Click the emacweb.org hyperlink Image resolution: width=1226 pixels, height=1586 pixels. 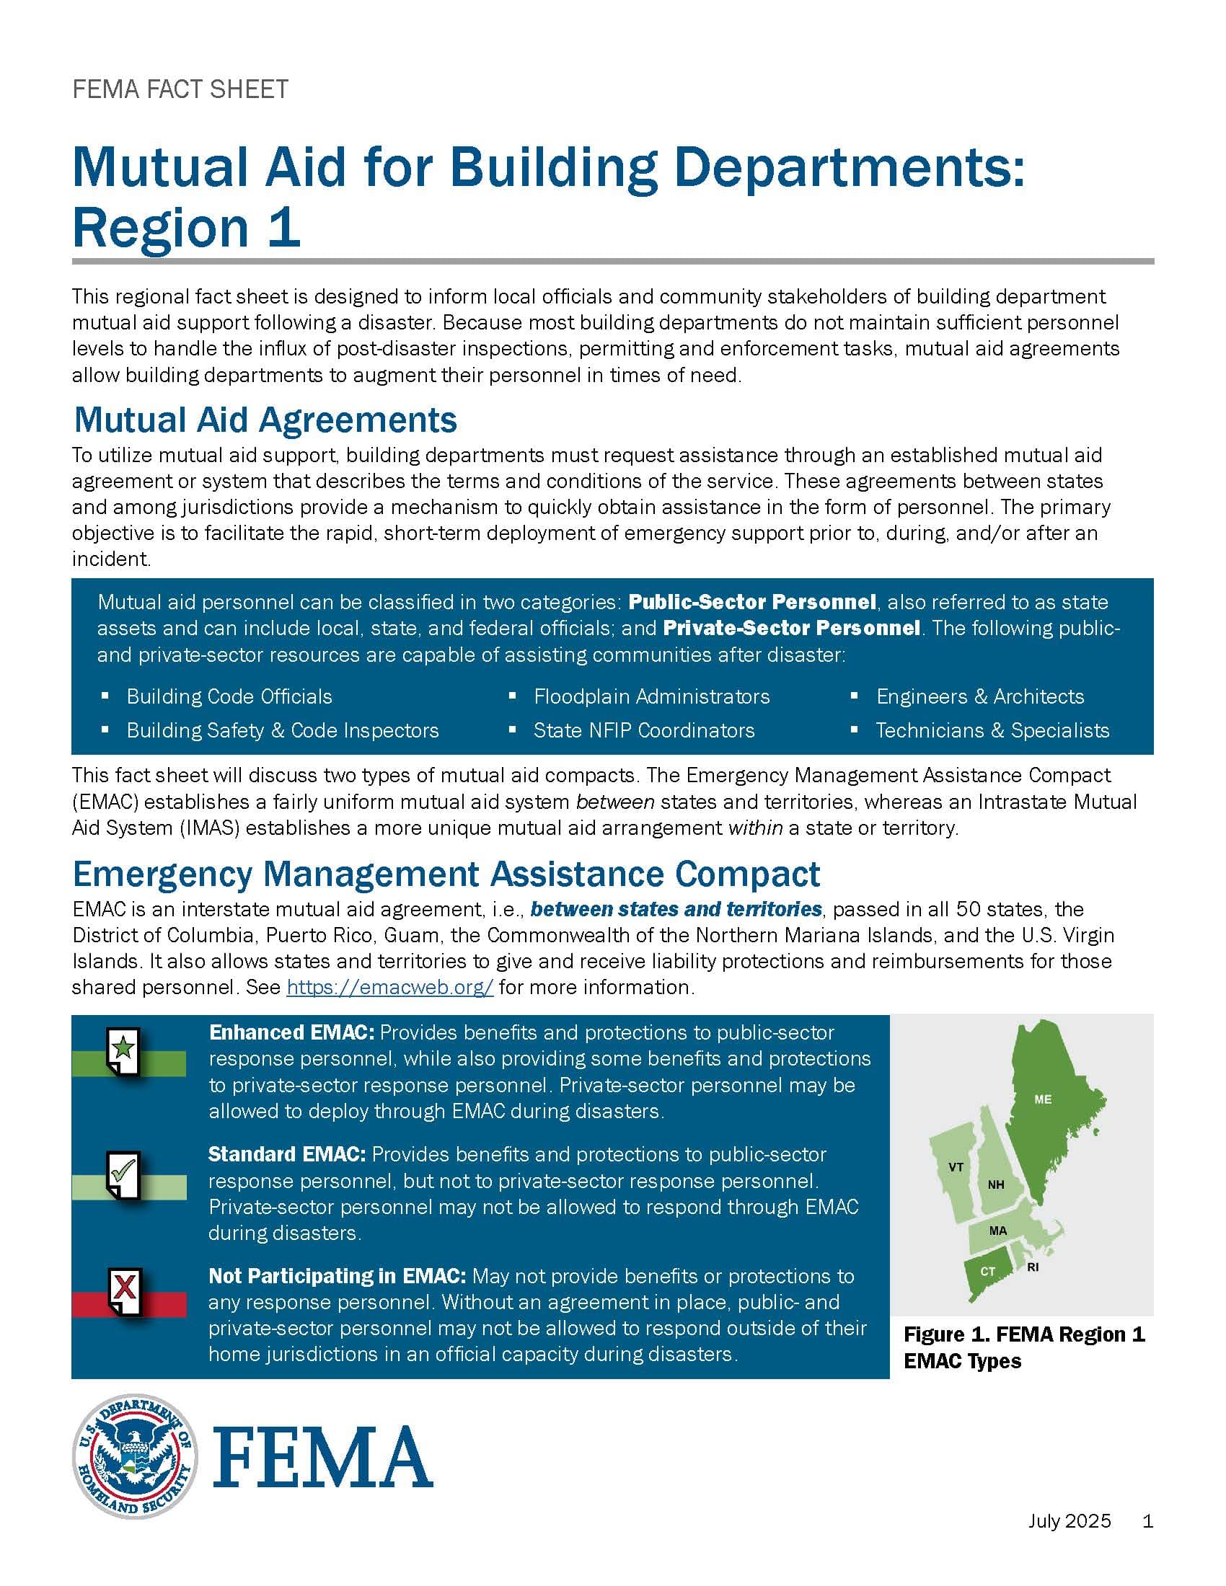(390, 988)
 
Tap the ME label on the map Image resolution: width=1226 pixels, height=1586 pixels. (1042, 1099)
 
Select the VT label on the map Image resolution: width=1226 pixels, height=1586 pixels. (956, 1167)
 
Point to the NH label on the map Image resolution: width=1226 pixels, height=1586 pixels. (996, 1184)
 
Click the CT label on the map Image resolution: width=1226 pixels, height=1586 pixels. (988, 1271)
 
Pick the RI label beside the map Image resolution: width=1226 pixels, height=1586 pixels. (1033, 1267)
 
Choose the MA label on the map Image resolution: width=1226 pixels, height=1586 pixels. (998, 1231)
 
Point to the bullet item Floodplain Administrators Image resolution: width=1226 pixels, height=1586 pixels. (651, 696)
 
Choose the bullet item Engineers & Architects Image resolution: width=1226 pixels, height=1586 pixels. (980, 696)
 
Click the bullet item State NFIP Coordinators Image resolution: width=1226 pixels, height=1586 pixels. (643, 730)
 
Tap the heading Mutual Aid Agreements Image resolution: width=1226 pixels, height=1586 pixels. (265, 420)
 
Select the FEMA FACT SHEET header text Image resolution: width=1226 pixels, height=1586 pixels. (180, 89)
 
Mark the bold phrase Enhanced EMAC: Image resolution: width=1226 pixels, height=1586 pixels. (291, 1032)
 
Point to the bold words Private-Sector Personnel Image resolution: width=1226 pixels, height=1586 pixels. (792, 627)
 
